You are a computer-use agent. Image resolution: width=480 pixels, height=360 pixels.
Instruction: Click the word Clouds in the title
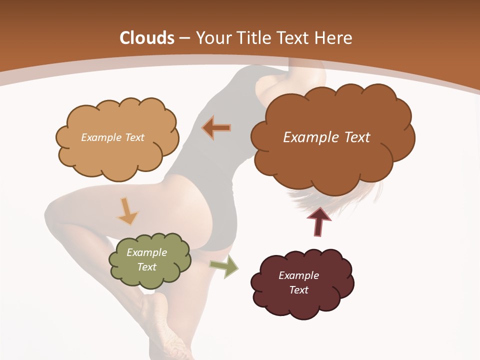coord(147,38)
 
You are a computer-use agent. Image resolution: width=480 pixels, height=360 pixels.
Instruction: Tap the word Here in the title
coord(334,38)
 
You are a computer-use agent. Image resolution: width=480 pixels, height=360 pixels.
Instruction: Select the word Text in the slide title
coord(295,38)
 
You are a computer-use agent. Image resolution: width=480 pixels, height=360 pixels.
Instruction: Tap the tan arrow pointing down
coord(127,211)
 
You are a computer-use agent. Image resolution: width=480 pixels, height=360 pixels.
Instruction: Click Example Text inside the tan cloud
coord(112,137)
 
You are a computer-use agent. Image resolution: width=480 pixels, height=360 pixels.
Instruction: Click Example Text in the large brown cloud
coord(326,137)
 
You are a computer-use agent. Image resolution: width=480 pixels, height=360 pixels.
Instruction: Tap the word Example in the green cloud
coord(146,252)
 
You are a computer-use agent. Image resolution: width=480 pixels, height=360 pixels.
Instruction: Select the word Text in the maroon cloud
coord(299,290)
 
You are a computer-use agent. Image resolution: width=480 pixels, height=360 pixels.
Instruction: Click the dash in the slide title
coord(184,38)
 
